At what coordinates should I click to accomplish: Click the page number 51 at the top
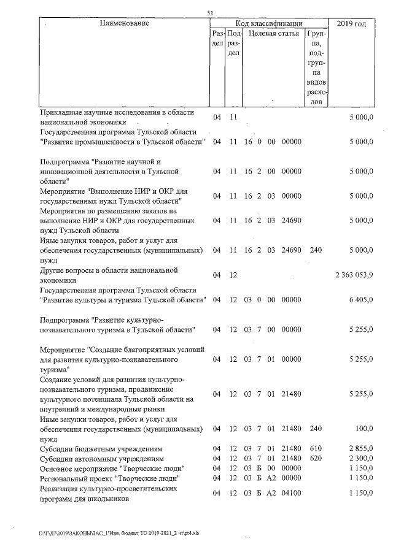209,13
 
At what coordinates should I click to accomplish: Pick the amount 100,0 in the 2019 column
364,430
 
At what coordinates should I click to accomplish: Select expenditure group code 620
316,459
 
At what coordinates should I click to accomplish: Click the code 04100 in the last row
290,494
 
